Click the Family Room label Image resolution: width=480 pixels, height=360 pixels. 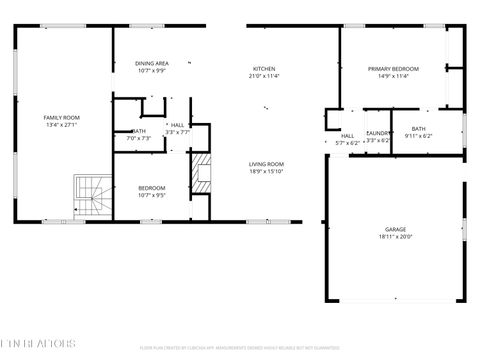[61, 118]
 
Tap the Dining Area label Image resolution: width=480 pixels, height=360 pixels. [152, 63]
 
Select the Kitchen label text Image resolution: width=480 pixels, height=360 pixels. [264, 68]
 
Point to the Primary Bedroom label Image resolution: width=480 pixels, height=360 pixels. [393, 68]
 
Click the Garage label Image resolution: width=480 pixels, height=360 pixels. [395, 229]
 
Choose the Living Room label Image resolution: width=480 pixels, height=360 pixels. [267, 164]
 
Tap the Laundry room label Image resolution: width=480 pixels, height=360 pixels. [378, 133]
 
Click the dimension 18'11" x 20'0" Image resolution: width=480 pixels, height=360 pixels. [395, 237]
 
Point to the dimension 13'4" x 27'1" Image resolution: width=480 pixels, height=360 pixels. [61, 125]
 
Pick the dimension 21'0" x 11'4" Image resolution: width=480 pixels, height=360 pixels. [264, 75]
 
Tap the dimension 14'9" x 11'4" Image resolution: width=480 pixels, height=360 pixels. [393, 75]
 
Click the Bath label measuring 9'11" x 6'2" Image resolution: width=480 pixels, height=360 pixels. [418, 128]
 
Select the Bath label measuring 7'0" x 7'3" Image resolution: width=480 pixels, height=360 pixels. [140, 131]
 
